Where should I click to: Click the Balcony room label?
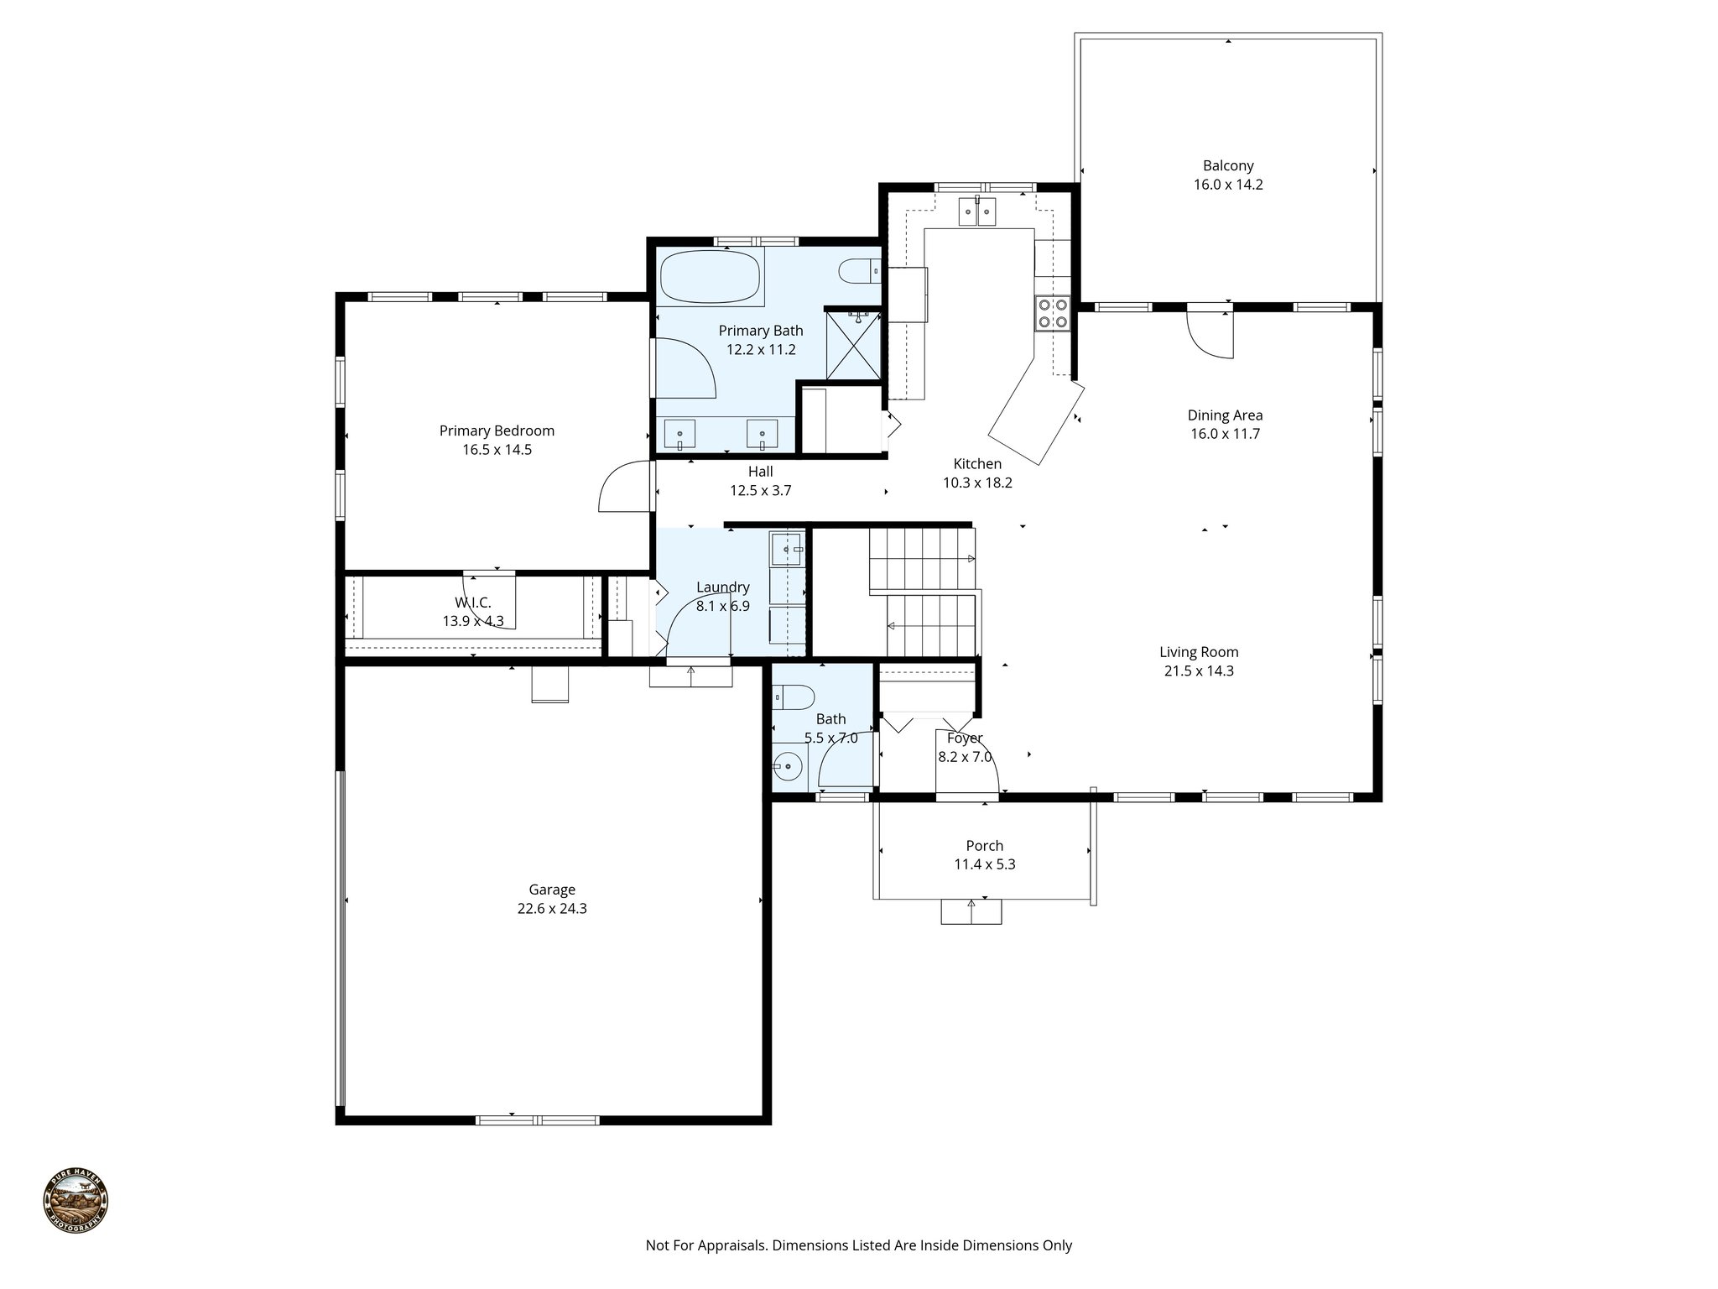click(1228, 166)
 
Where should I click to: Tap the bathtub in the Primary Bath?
click(711, 277)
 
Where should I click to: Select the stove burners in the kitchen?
click(1053, 313)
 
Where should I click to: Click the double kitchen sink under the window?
click(977, 211)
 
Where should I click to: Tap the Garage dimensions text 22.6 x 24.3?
click(552, 908)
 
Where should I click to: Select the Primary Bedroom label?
click(497, 431)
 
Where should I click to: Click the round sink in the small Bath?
click(788, 765)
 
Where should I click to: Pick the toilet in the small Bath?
click(794, 696)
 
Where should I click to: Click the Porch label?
click(984, 846)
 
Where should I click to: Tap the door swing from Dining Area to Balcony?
click(1210, 336)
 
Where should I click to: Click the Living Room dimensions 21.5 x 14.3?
click(1199, 671)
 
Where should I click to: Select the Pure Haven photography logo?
click(75, 1203)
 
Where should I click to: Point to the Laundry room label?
click(722, 587)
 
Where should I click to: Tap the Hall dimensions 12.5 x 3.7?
click(760, 490)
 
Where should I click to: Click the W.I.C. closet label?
click(472, 603)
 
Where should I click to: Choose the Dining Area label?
click(1225, 415)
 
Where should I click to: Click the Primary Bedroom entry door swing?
click(624, 489)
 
